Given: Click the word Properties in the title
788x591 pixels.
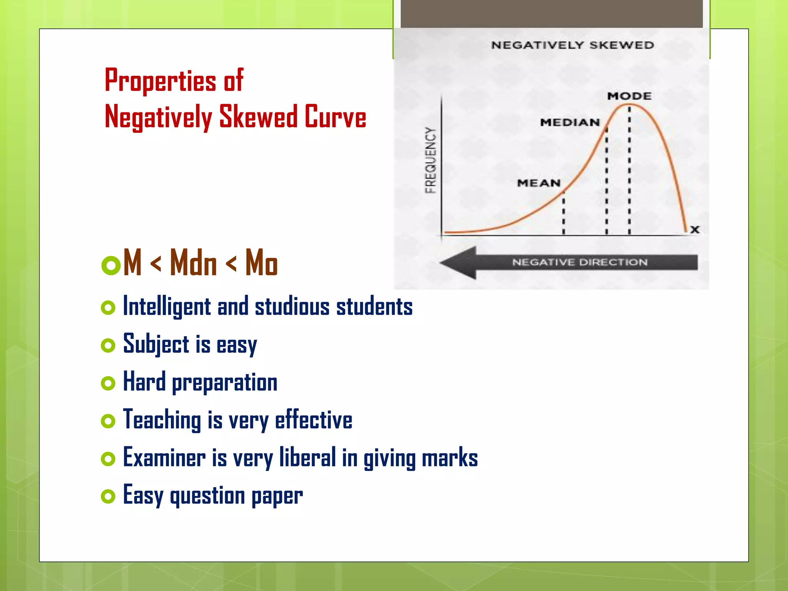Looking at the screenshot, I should [160, 81].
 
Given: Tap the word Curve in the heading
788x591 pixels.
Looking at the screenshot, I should [335, 117].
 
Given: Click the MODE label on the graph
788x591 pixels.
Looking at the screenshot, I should [629, 96].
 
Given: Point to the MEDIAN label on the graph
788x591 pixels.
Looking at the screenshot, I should [570, 122].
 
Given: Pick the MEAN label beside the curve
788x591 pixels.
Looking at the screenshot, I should [539, 183].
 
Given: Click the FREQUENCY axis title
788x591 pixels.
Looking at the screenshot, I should [431, 160].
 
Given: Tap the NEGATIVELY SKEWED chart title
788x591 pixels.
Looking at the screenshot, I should [573, 45].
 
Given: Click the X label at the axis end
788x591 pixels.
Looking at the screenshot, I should [695, 230].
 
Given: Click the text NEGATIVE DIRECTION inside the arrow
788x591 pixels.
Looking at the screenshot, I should [580, 262].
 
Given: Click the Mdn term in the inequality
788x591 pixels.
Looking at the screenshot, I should [194, 263].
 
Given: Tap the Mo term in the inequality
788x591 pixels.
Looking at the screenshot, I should [261, 263].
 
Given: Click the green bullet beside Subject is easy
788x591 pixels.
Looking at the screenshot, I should [108, 345].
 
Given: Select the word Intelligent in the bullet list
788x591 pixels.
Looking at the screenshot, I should [167, 307].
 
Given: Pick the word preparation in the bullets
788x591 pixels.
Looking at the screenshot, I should [224, 383].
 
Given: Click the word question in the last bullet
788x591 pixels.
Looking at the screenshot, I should [207, 496].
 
